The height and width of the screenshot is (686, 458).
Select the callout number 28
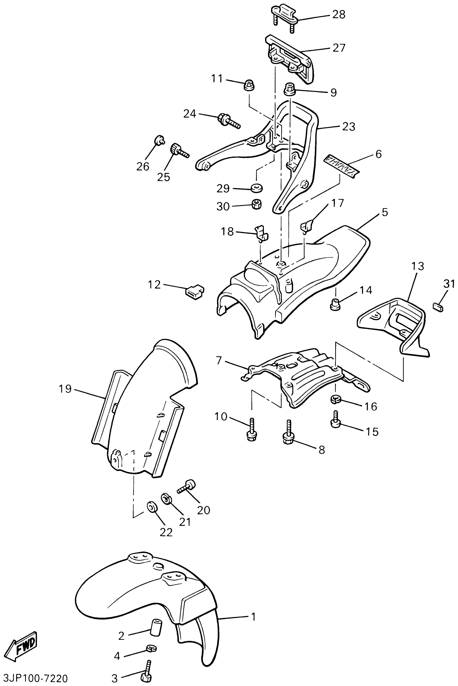[x=339, y=14]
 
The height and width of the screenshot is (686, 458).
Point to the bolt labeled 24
[x=229, y=121]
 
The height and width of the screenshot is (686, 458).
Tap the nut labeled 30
[x=256, y=204]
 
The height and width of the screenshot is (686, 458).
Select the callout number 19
[x=65, y=389]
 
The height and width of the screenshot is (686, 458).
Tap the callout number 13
[x=418, y=266]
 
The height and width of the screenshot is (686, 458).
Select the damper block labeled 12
[x=195, y=290]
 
